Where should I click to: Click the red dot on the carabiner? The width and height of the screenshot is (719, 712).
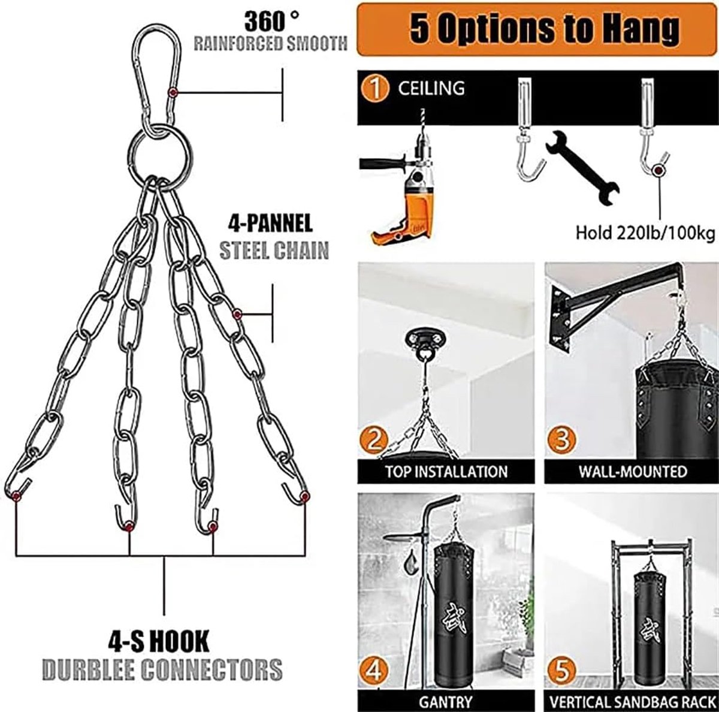click(x=173, y=92)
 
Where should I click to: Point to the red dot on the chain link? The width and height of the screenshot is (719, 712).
click(x=236, y=315)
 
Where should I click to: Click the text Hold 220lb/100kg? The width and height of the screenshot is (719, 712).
click(x=645, y=233)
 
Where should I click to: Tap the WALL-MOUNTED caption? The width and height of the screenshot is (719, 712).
click(x=633, y=472)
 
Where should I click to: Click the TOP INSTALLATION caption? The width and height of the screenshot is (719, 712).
click(x=446, y=472)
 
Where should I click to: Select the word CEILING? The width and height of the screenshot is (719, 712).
click(x=431, y=89)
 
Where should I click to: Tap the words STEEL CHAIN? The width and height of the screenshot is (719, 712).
click(x=274, y=251)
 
